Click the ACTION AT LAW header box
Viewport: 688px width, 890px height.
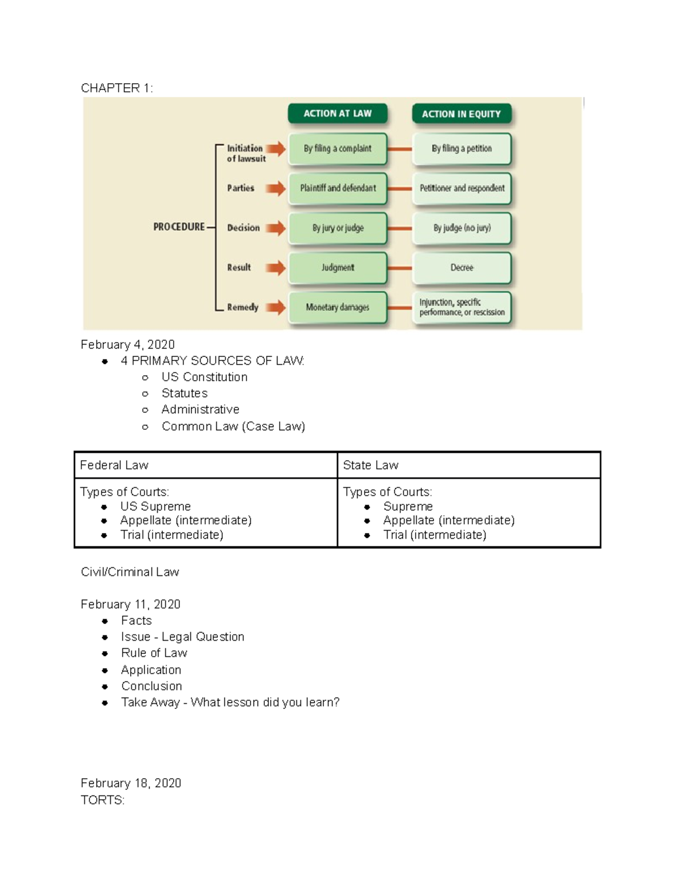click(x=338, y=113)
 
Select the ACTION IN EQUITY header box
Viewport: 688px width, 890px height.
click(x=462, y=114)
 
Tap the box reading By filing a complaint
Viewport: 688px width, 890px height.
click(x=338, y=148)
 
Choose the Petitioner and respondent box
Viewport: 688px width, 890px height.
click(x=462, y=188)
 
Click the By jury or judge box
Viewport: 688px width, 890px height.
click(x=338, y=228)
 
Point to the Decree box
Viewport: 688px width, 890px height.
click(x=462, y=268)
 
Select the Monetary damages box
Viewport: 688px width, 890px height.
click(x=338, y=307)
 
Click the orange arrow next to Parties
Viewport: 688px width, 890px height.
click(x=275, y=188)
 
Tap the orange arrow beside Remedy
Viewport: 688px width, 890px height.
click(x=275, y=307)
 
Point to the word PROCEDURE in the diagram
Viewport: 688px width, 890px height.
click(x=179, y=227)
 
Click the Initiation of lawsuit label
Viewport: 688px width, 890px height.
click(x=246, y=153)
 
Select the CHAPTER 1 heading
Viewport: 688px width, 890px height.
click(x=117, y=88)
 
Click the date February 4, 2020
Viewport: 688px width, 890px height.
click(x=128, y=344)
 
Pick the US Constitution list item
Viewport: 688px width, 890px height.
click(x=205, y=377)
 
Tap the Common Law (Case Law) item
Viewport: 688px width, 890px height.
click(x=233, y=426)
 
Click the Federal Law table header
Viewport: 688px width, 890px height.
click(x=114, y=465)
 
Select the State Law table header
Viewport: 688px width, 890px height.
click(x=370, y=465)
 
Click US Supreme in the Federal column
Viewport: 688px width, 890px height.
click(x=155, y=507)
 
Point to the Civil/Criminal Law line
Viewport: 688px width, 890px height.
click(x=130, y=572)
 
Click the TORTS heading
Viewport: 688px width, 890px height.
click(x=103, y=800)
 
